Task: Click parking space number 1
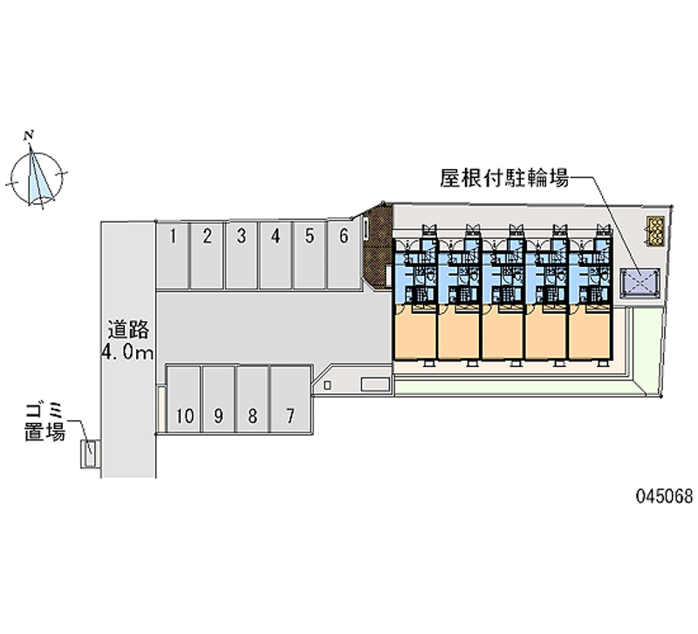pyautogui.click(x=172, y=255)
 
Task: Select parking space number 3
pyautogui.click(x=242, y=255)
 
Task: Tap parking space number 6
pyautogui.click(x=344, y=255)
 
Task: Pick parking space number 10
pyautogui.click(x=184, y=399)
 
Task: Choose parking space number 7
pyautogui.click(x=291, y=399)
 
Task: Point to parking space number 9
pyautogui.click(x=218, y=399)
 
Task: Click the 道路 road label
pyautogui.click(x=128, y=331)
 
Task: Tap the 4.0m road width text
pyautogui.click(x=127, y=352)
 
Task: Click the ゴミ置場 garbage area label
pyautogui.click(x=45, y=422)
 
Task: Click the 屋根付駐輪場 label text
pyautogui.click(x=504, y=179)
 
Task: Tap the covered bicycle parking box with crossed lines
pyautogui.click(x=640, y=283)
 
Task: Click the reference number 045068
pyautogui.click(x=665, y=496)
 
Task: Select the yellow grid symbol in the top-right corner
pyautogui.click(x=656, y=230)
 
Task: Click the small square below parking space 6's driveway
pyautogui.click(x=327, y=385)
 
